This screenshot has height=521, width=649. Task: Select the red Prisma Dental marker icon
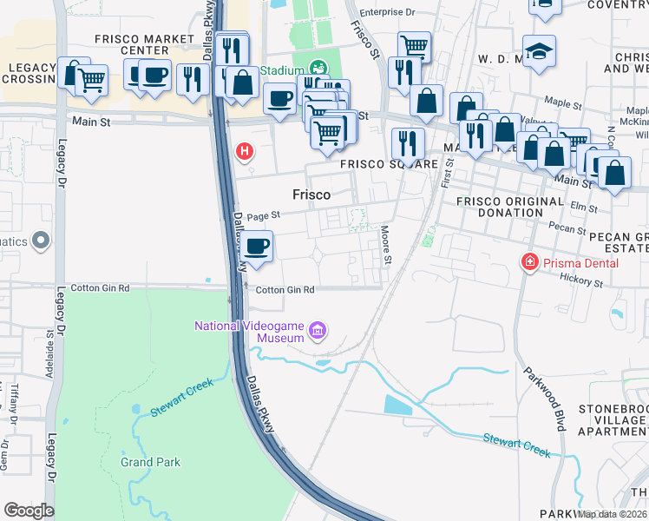(528, 261)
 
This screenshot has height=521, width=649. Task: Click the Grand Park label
(151, 462)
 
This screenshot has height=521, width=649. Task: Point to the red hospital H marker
(245, 151)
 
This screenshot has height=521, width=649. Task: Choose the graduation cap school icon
(539, 52)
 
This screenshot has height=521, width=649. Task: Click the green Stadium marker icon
(318, 68)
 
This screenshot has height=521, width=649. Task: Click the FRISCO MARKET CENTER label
(145, 45)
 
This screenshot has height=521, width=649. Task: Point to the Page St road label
(264, 216)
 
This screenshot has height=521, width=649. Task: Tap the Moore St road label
(386, 246)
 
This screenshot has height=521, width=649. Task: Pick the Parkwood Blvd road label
(544, 399)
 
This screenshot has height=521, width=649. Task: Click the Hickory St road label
(581, 282)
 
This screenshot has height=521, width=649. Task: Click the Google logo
(29, 510)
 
